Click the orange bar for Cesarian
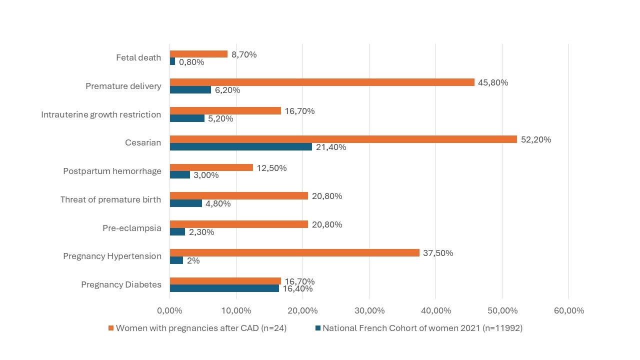tap(343, 139)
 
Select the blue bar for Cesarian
tap(240, 147)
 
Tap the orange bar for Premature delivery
tap(322, 82)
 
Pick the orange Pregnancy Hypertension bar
tap(294, 253)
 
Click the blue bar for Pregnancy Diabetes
tap(224, 288)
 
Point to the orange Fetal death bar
tap(198, 54)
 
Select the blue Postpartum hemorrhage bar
tap(179, 175)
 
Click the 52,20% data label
tap(536, 140)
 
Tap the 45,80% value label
tap(493, 83)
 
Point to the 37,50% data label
tap(438, 253)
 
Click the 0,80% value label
tap(191, 62)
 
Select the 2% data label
tap(193, 260)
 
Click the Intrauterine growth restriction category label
tap(101, 115)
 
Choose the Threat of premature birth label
tap(110, 200)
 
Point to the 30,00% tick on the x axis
tap(369, 311)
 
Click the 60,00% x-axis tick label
tap(568, 311)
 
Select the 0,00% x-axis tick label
tap(169, 311)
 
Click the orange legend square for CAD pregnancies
tap(111, 328)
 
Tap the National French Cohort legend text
tap(422, 328)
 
